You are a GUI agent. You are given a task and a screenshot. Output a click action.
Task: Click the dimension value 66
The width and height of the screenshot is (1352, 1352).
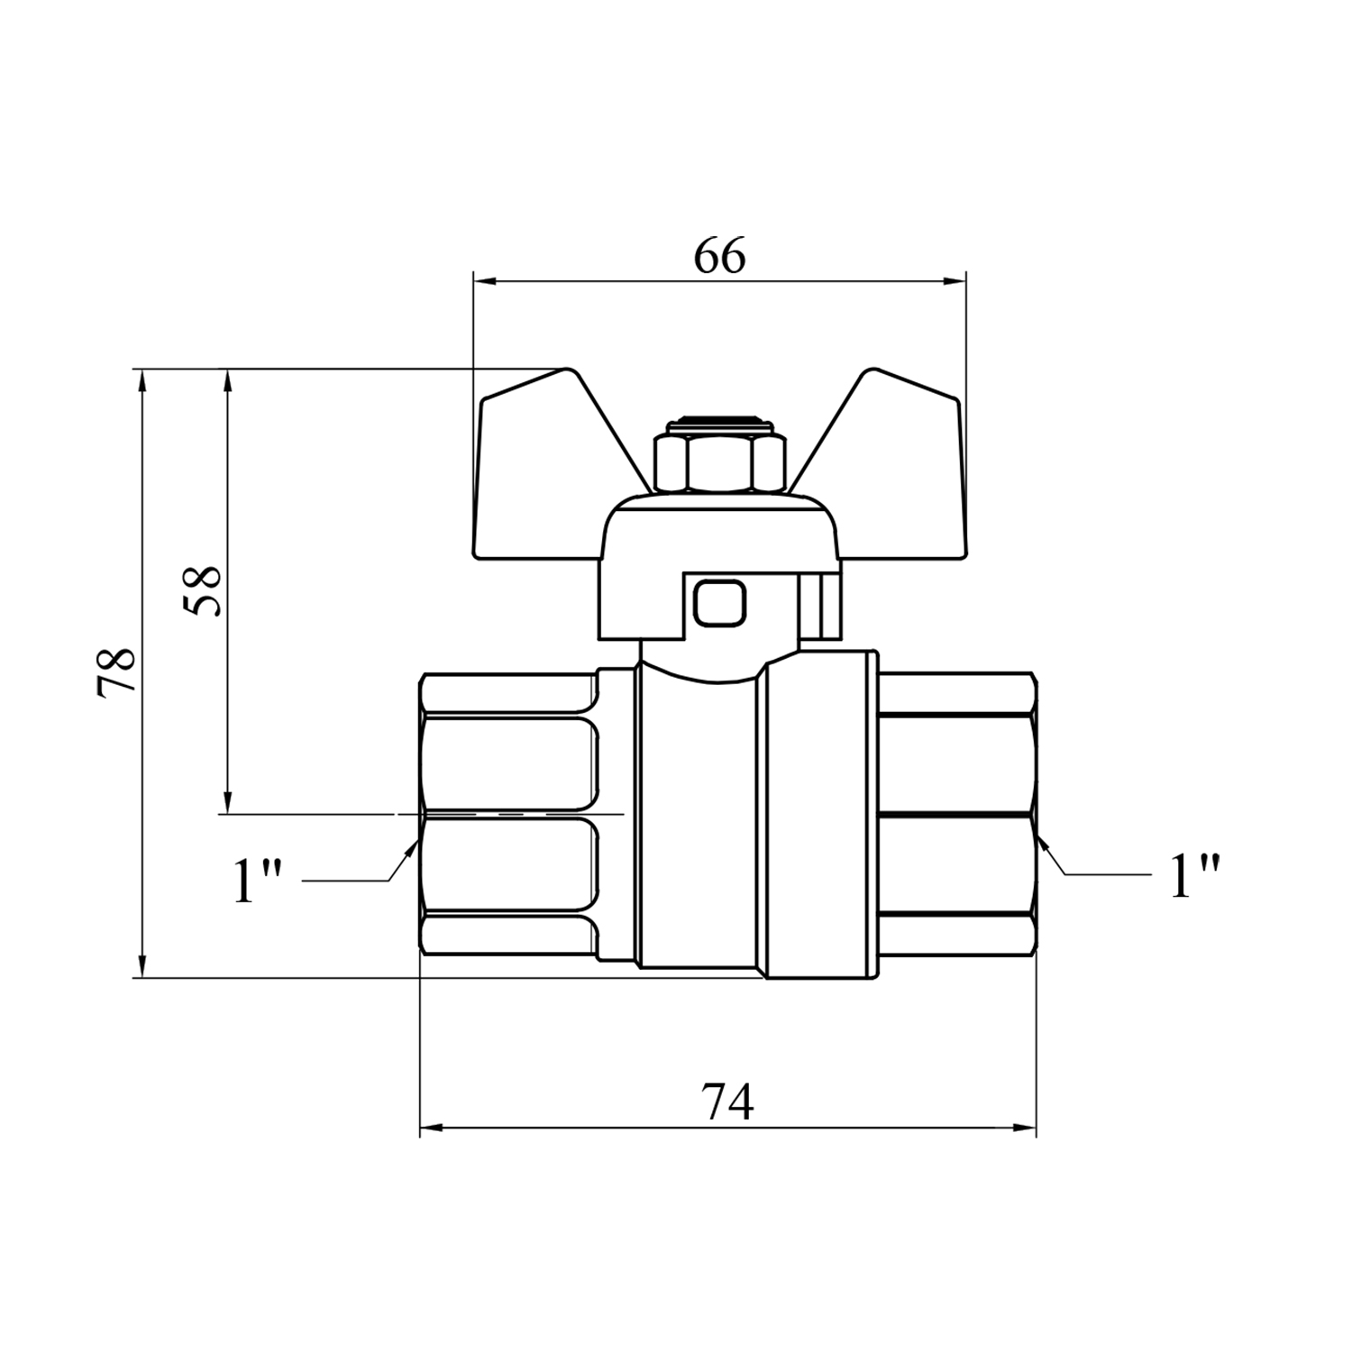pos(720,258)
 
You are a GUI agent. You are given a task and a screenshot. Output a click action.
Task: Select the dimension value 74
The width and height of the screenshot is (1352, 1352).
pos(727,1102)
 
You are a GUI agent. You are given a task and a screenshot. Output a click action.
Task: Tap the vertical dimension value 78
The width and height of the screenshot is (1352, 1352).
pos(116,671)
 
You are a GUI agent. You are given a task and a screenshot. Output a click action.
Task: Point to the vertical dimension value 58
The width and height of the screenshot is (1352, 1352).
pos(204,591)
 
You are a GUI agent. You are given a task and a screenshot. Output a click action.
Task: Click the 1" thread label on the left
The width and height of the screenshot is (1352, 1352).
pos(258,881)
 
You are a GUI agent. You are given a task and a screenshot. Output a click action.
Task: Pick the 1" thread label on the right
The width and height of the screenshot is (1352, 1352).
pos(1195,875)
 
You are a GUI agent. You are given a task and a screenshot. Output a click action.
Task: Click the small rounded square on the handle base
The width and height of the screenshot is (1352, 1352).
pos(719,602)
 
